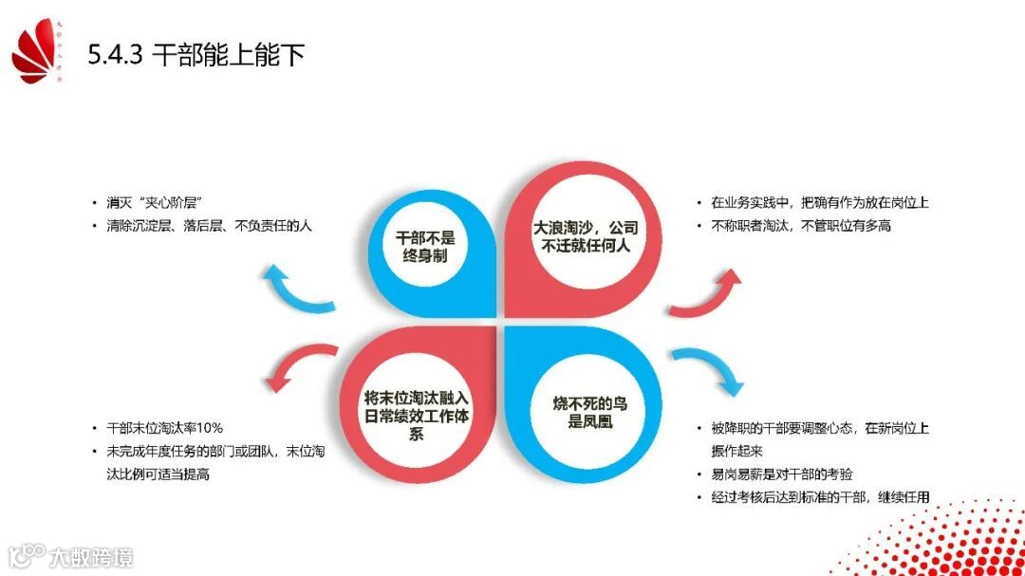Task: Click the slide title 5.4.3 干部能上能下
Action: (x=196, y=55)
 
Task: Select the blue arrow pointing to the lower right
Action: (x=707, y=371)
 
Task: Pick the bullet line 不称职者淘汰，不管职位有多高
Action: (x=800, y=226)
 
